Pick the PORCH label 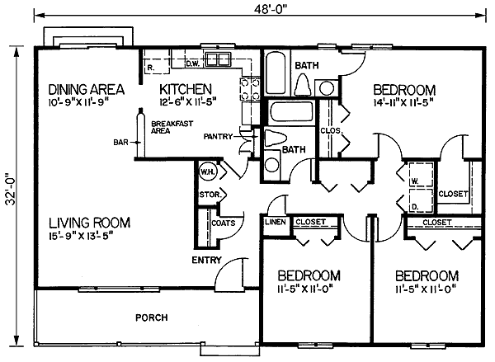[x=153, y=317]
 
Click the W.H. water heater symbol [x=207, y=172]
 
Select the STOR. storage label [x=207, y=195]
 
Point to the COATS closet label [x=223, y=223]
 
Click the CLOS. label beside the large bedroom [x=328, y=129]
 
